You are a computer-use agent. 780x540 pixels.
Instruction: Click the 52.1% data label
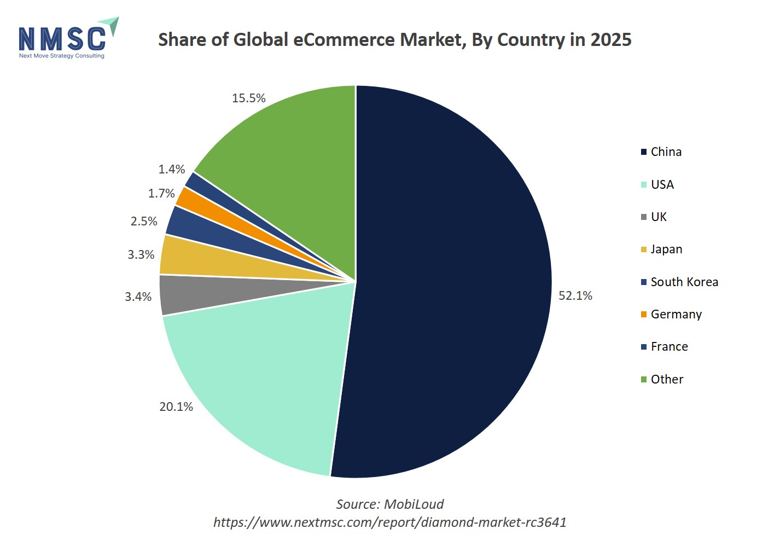click(575, 296)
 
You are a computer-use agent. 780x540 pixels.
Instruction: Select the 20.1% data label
click(176, 407)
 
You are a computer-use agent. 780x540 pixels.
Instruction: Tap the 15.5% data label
click(248, 98)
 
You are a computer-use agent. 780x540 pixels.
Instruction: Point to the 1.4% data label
click(172, 170)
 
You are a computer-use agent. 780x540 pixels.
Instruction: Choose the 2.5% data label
click(144, 222)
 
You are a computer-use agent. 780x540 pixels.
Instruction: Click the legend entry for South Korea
click(684, 282)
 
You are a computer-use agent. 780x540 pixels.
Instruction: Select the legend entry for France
click(669, 347)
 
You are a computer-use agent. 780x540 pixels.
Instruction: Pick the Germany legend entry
click(676, 315)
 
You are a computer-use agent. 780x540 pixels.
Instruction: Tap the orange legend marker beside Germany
click(644, 315)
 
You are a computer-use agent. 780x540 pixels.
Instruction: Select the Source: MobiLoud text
click(389, 504)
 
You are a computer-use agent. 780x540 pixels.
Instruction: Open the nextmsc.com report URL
click(389, 522)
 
